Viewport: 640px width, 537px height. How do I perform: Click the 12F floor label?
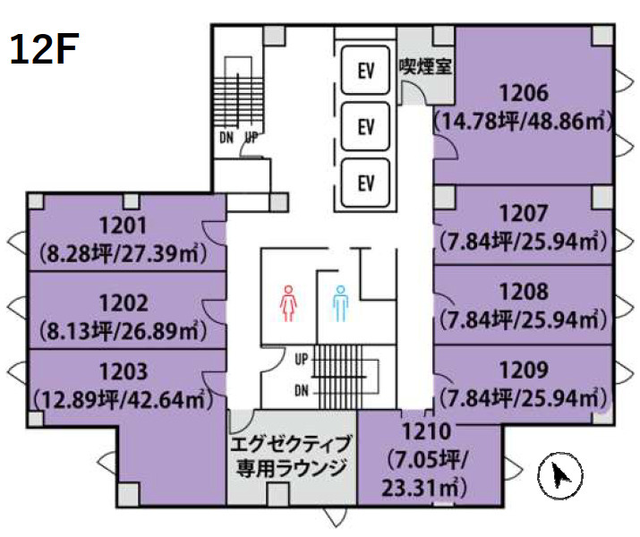(42, 51)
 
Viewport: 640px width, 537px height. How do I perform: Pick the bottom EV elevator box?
(364, 183)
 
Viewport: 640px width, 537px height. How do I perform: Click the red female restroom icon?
(288, 303)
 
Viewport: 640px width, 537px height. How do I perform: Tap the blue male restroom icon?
(340, 303)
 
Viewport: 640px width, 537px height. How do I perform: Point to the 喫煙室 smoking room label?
(424, 66)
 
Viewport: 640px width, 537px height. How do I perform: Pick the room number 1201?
(124, 226)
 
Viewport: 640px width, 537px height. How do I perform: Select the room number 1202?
(124, 303)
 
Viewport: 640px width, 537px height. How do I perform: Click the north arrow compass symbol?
(560, 474)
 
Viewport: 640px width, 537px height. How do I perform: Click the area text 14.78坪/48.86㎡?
(523, 122)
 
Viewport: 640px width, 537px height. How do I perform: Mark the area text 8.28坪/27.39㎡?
(124, 254)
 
